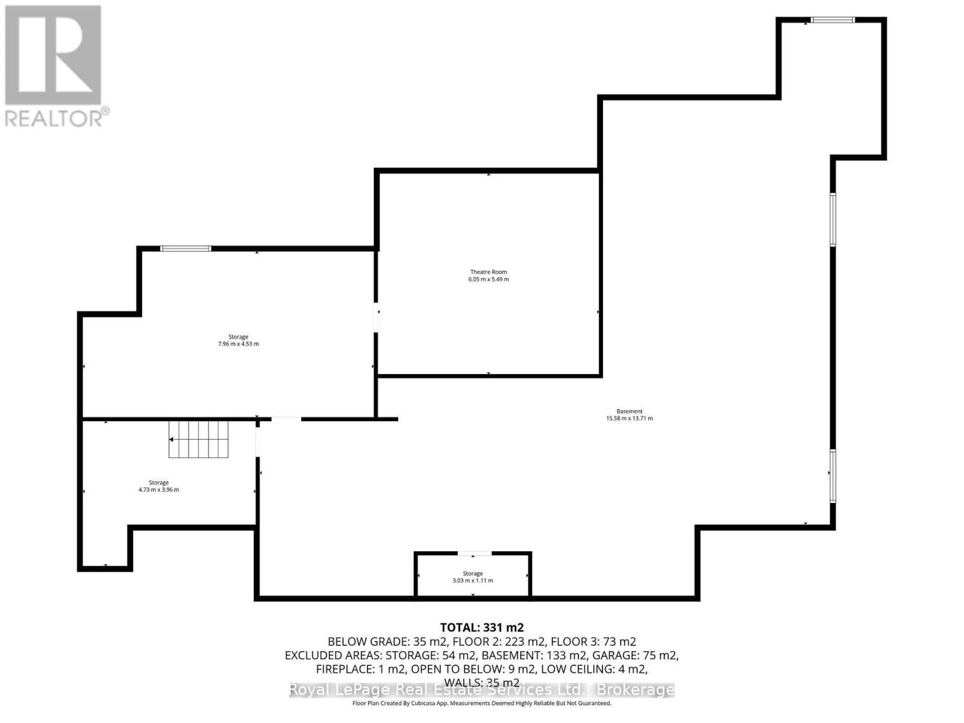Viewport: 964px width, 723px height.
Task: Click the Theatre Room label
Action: pyautogui.click(x=489, y=272)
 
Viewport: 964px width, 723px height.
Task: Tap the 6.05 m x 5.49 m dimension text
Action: pyautogui.click(x=489, y=280)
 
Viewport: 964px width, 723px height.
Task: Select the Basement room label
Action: pyautogui.click(x=629, y=412)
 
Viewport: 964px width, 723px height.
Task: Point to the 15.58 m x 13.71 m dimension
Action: pyautogui.click(x=629, y=419)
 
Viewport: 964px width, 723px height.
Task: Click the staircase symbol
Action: pyautogui.click(x=199, y=439)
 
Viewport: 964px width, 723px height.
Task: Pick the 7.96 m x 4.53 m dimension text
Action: pyautogui.click(x=238, y=344)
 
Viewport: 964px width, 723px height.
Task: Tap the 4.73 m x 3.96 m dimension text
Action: pyautogui.click(x=158, y=490)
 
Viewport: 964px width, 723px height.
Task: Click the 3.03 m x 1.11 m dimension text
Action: pyautogui.click(x=472, y=581)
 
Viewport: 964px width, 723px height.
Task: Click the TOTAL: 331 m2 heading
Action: pyautogui.click(x=482, y=628)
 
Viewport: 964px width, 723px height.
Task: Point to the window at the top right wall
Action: pyautogui.click(x=833, y=20)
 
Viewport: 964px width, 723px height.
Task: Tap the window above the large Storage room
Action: pyautogui.click(x=186, y=248)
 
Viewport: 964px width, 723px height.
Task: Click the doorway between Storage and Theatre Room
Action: pyautogui.click(x=377, y=317)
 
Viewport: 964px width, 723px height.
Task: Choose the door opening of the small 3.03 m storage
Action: pyautogui.click(x=475, y=553)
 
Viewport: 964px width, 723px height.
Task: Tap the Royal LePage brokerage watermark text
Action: pyautogui.click(x=482, y=690)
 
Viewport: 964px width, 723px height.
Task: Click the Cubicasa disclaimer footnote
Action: pyautogui.click(x=482, y=703)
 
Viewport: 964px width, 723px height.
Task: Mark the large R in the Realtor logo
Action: pyautogui.click(x=53, y=55)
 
